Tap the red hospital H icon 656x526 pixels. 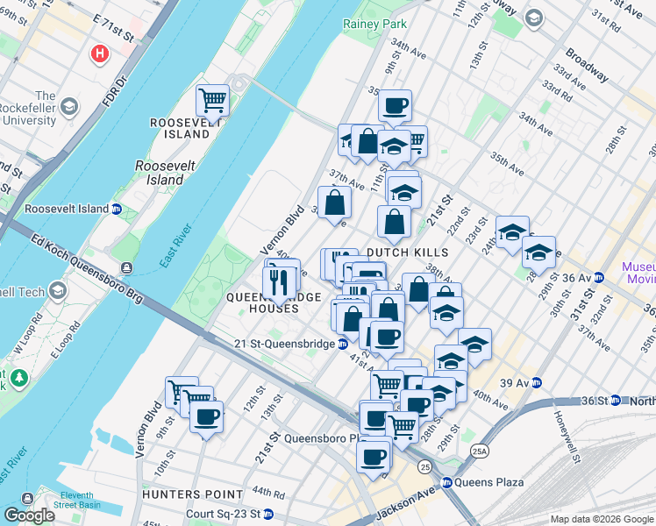[101, 54]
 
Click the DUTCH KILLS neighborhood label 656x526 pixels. [407, 252]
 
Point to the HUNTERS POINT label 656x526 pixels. [180, 495]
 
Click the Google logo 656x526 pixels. [30, 515]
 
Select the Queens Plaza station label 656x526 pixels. [488, 482]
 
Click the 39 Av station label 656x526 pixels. [517, 382]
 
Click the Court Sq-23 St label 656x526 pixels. [223, 514]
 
